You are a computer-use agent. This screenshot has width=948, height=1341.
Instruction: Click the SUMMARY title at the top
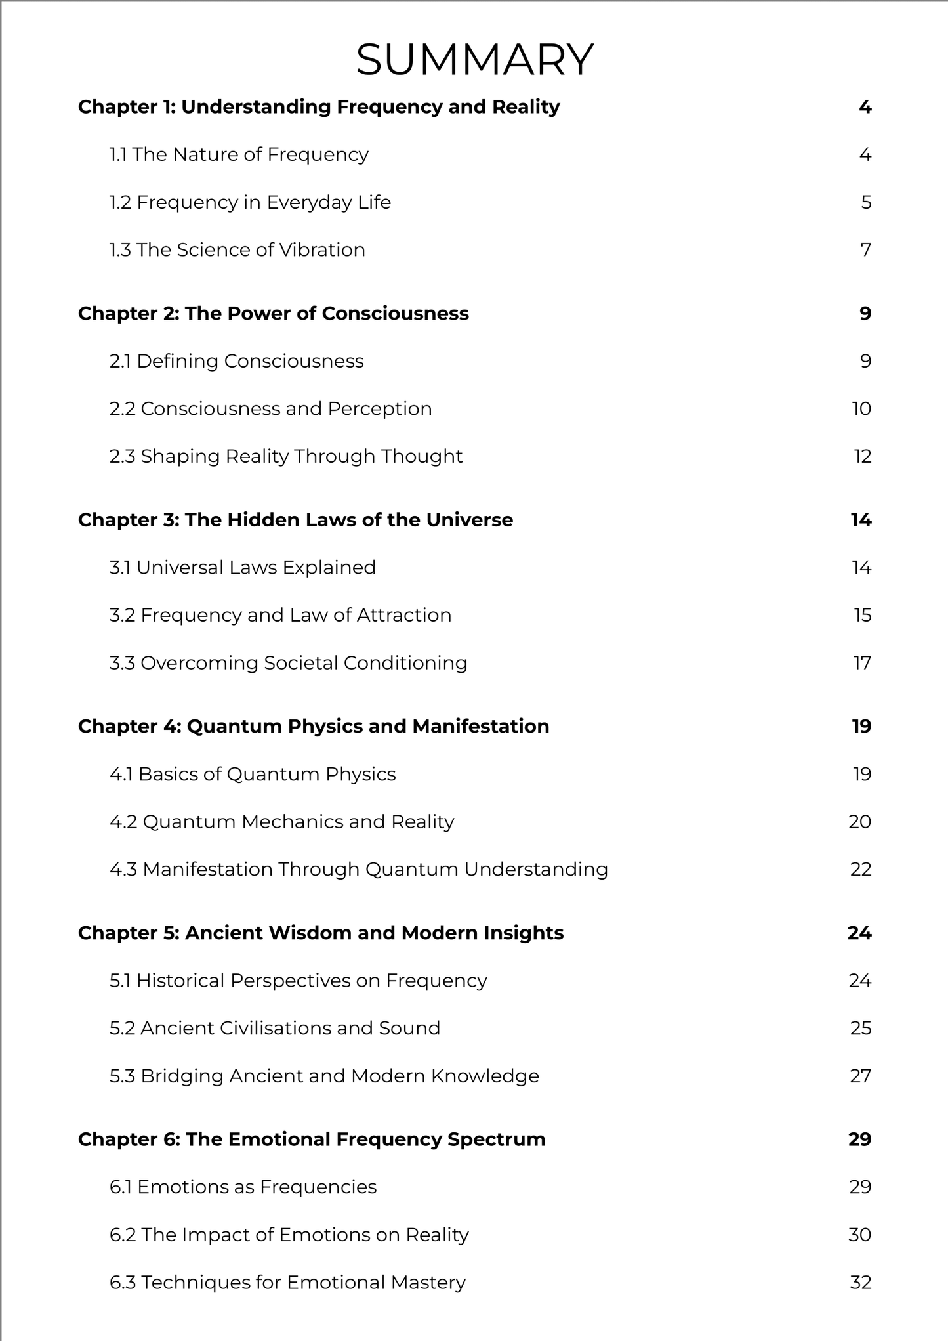474,60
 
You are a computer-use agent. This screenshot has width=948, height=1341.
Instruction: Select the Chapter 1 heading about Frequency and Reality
319,107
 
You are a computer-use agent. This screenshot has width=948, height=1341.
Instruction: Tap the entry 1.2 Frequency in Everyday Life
250,202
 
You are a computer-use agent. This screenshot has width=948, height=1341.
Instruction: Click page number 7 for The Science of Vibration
865,250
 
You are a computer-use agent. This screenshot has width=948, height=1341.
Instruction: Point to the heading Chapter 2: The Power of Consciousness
273,314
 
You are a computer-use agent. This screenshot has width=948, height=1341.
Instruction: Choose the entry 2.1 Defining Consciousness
236,361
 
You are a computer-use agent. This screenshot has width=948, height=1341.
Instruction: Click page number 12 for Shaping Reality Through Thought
863,456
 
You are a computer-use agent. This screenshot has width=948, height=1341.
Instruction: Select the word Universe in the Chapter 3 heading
470,520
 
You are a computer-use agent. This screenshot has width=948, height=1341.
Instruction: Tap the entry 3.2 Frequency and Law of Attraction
280,615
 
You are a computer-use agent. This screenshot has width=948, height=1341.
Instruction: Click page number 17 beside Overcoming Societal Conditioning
863,663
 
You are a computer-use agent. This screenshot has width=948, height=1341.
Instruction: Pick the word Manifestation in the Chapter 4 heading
480,727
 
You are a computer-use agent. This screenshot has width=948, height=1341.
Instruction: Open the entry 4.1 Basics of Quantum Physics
253,775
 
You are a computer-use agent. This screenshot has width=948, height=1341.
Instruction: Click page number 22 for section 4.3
861,870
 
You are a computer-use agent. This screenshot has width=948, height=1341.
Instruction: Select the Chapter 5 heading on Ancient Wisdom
321,933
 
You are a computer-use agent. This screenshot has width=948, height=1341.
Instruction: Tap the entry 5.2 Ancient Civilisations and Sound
274,1028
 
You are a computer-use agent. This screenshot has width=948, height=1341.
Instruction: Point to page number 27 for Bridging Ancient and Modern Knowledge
861,1076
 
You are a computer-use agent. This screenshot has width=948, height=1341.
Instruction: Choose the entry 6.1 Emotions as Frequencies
243,1187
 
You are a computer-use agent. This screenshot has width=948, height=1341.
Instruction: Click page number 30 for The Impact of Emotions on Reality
859,1235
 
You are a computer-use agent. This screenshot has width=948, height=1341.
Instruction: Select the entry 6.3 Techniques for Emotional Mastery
287,1283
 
